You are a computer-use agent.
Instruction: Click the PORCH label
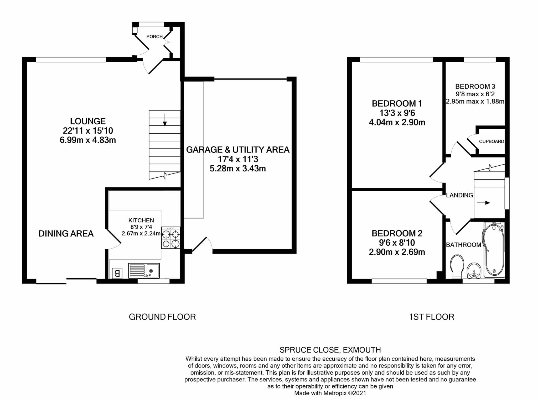click(x=154, y=36)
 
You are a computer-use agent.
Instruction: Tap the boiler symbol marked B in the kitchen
click(x=117, y=273)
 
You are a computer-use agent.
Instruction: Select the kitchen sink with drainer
click(x=144, y=271)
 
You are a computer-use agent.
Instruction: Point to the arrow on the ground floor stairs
click(x=165, y=120)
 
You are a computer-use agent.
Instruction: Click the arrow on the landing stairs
click(x=484, y=203)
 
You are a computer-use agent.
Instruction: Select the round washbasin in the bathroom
click(x=474, y=270)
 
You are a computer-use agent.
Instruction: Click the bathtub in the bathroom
click(x=494, y=249)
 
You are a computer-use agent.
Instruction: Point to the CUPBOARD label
click(x=491, y=141)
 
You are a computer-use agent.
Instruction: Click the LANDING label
click(x=459, y=195)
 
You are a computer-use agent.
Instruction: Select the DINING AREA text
click(x=66, y=233)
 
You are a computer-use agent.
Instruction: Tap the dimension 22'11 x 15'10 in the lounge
click(x=88, y=130)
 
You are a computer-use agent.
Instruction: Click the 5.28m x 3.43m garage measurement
click(x=237, y=168)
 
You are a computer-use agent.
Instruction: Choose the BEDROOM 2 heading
click(x=397, y=233)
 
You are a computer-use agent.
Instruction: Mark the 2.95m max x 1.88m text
click(x=475, y=101)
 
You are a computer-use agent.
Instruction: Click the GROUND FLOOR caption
click(x=162, y=317)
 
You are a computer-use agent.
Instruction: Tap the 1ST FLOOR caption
click(x=431, y=317)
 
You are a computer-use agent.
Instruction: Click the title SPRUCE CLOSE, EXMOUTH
click(x=330, y=350)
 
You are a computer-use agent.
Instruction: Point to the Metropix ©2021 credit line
click(x=330, y=393)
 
